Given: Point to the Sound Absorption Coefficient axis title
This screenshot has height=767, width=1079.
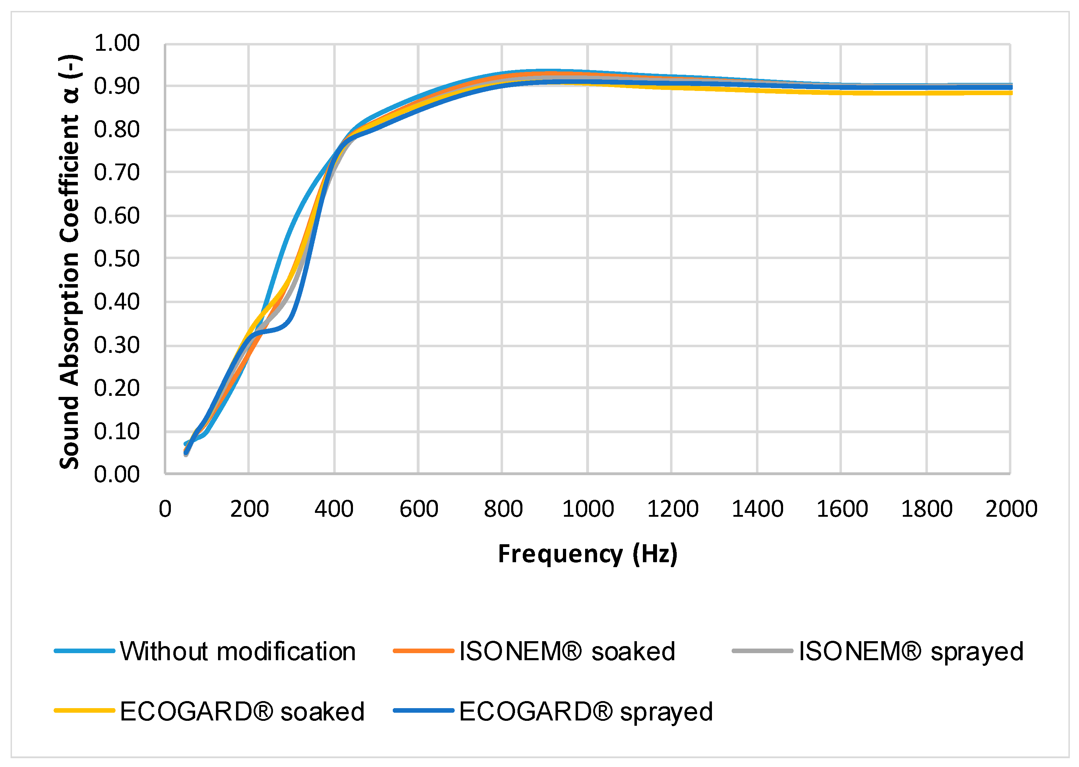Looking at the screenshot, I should click(70, 262).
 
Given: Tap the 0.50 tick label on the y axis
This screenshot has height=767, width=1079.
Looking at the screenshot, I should click(117, 259).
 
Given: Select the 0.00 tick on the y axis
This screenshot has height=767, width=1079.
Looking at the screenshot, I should click(117, 474).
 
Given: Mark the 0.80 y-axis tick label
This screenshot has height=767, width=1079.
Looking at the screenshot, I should click(117, 129).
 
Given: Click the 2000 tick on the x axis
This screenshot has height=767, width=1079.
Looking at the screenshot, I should click(1011, 509).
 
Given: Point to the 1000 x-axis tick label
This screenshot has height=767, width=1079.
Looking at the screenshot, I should click(588, 509).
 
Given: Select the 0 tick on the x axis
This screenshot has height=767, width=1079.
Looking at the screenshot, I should click(165, 509).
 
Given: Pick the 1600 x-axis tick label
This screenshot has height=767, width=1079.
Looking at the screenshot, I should click(842, 509).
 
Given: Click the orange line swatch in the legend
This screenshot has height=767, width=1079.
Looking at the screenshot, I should click(423, 651).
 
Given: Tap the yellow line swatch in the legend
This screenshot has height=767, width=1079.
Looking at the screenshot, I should click(85, 710).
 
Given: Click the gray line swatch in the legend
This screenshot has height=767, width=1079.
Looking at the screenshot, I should click(762, 651).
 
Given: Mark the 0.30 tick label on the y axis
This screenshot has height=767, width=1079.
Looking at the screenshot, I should click(117, 345).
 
